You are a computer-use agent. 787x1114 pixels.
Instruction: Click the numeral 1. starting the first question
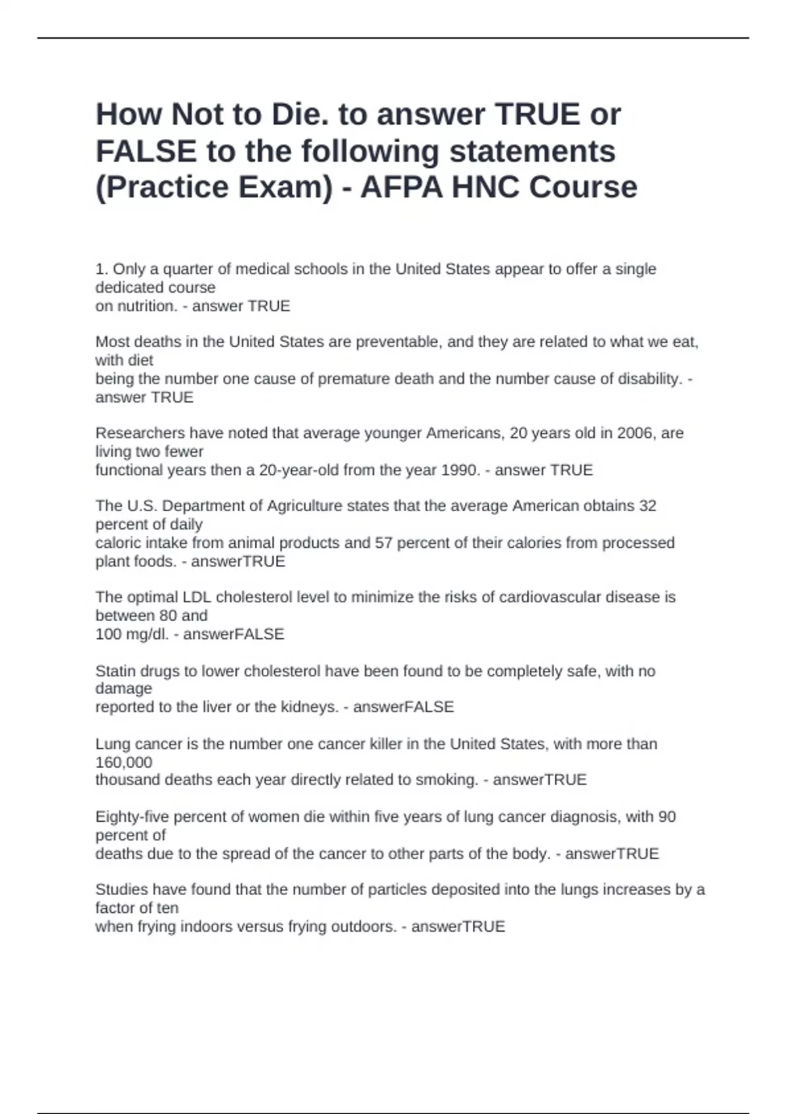coord(102,269)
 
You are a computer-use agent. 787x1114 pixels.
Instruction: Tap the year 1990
coord(460,470)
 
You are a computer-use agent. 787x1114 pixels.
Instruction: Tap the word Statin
coord(116,671)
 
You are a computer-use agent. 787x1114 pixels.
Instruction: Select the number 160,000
coord(124,762)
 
